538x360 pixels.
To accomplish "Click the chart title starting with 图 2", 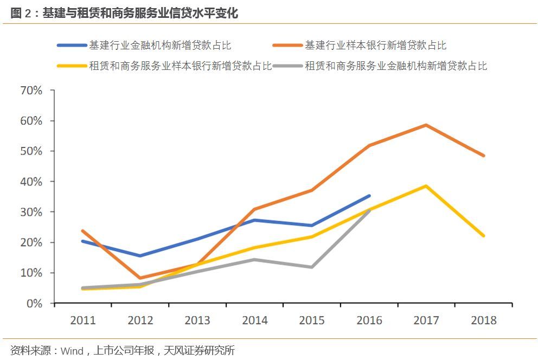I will click(x=124, y=14).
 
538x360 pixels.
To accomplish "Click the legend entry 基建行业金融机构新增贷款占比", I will click(x=160, y=46).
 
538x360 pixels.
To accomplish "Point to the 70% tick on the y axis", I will click(x=31, y=90).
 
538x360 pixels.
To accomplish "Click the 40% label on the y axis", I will click(x=31, y=182).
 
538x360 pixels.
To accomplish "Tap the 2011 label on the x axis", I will click(x=82, y=320).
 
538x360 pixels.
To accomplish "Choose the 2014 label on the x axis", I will click(x=254, y=320).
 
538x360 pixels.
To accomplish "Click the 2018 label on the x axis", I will click(x=484, y=320).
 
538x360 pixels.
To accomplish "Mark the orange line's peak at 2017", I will click(x=426, y=125).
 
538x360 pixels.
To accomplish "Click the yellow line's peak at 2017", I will click(x=426, y=186).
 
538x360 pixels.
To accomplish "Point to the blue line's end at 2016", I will click(x=369, y=196).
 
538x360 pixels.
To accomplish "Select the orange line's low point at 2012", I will click(x=140, y=278).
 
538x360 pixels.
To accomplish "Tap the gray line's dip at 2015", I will click(x=312, y=267).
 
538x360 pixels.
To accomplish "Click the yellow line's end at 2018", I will click(x=483, y=236).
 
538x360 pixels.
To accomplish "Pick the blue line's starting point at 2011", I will click(x=82, y=241).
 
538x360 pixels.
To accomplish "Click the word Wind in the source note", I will click(x=72, y=351).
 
